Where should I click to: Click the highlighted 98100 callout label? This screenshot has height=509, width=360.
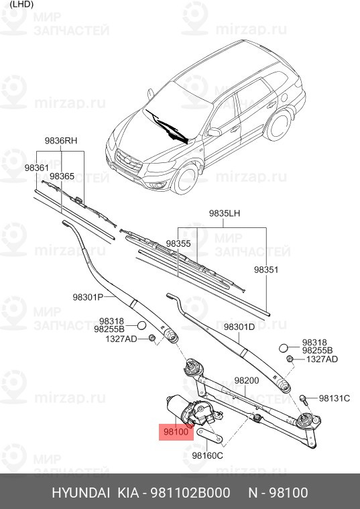coord(176,432)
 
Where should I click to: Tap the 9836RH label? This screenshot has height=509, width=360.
coord(61,141)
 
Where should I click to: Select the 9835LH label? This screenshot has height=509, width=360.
coord(225,213)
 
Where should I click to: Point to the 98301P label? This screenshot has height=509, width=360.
coord(88,297)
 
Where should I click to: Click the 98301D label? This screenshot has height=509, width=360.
coord(239,327)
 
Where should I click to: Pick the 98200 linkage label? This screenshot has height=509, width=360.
coord(247,380)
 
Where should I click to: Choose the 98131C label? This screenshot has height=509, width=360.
coord(335,398)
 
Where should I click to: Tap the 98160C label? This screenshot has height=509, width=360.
coord(207,456)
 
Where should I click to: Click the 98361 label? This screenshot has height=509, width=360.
coord(37,168)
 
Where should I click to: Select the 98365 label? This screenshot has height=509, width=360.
coord(62,176)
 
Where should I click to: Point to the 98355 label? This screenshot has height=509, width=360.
coord(178,244)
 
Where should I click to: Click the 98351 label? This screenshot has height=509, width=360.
coord(266,270)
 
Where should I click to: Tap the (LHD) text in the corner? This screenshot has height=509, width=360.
coord(21,5)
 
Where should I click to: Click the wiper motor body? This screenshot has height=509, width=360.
coord(177,407)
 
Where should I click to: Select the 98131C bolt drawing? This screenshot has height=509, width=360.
coord(303,399)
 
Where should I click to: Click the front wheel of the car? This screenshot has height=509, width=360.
coord(184,178)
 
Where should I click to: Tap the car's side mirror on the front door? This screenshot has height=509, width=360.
coord(215,132)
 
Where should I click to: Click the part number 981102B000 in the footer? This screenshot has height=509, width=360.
coord(190,493)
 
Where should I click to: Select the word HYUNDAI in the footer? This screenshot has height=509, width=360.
coord(81,493)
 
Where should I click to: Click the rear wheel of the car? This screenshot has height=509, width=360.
coord(278,125)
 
